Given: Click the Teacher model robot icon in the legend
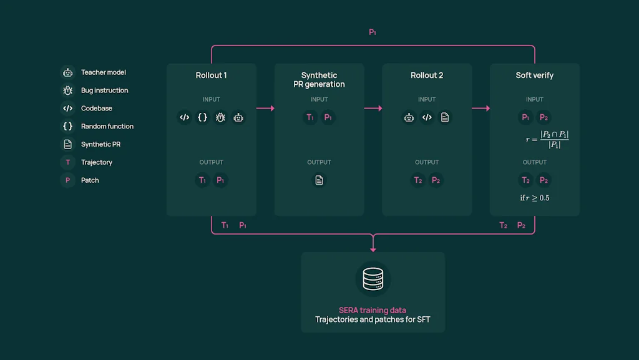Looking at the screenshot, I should (67, 72).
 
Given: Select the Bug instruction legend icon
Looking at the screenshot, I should (67, 90).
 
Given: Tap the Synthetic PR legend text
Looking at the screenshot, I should (100, 144).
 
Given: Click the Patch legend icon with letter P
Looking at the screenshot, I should (67, 180).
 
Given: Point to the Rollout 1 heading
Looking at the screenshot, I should (211, 75).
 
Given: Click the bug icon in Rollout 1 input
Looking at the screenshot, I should (220, 117).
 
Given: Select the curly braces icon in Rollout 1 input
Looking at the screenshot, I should (202, 117).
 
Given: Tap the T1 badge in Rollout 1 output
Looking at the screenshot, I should (202, 180).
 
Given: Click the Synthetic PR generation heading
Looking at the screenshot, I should (319, 80).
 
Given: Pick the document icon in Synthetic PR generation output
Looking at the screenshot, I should (319, 180).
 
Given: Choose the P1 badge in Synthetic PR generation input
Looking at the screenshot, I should (328, 117).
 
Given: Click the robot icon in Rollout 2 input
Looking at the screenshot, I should (409, 117).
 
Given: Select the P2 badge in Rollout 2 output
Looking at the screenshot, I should (436, 180).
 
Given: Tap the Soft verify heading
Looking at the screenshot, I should (534, 75).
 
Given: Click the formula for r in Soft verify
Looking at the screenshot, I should (547, 139).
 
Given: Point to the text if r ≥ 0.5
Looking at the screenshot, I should (535, 198).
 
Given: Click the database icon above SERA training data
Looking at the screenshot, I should (373, 279).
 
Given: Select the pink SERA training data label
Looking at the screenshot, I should (373, 310).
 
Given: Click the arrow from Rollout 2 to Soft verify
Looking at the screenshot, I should (480, 109).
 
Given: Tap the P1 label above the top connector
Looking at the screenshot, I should (373, 32).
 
